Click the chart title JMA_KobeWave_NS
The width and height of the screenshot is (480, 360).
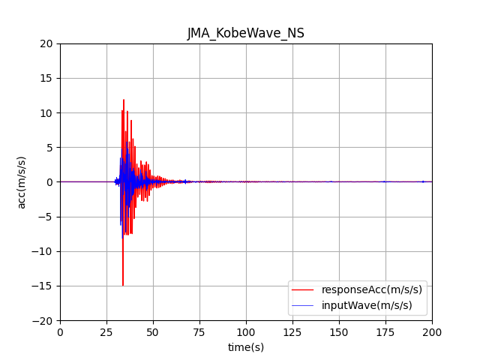(246, 33)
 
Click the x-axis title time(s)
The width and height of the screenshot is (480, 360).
(246, 347)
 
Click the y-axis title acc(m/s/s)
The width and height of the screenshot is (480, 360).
(22, 182)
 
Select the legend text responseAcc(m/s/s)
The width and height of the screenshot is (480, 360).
(372, 289)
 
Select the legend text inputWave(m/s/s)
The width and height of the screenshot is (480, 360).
(367, 304)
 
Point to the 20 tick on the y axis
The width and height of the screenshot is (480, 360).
(60, 43)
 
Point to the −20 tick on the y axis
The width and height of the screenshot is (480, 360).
(60, 320)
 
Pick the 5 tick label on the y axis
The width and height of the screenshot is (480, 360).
(50, 148)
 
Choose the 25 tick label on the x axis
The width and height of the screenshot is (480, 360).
(106, 331)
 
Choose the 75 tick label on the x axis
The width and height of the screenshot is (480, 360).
(199, 331)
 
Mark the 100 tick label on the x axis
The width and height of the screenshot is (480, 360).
(246, 331)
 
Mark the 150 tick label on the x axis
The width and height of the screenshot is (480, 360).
(339, 331)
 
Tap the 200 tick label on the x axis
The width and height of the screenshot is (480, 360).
(432, 331)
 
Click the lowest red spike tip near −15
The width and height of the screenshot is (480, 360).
(123, 285)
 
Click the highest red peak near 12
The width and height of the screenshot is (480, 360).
(124, 100)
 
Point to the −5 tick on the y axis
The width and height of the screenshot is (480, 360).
(60, 217)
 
